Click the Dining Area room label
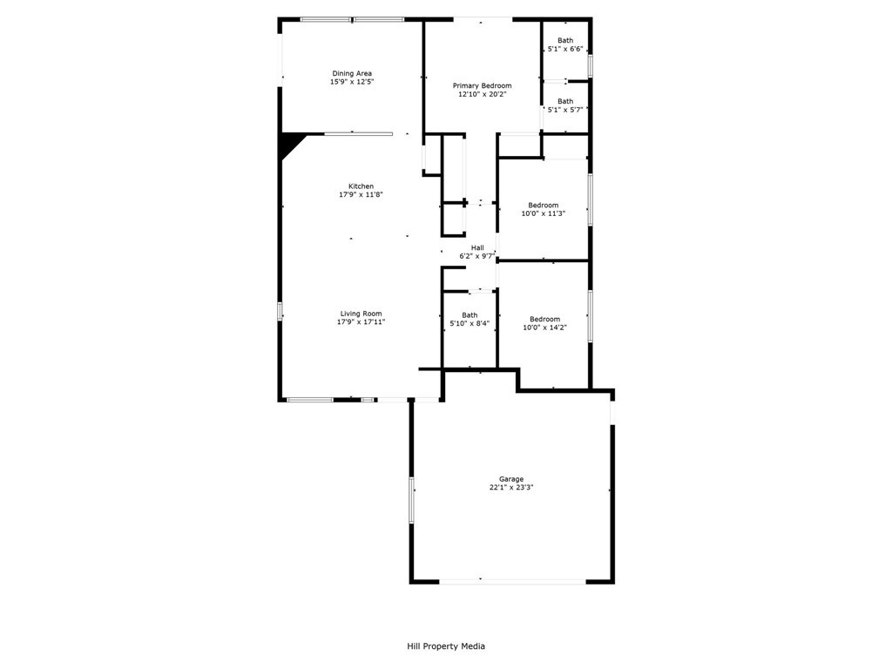pos(352,73)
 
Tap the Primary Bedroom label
pos(482,85)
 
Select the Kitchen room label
pos(361,186)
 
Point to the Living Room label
pos(361,314)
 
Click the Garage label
pos(511,479)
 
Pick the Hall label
pos(477,247)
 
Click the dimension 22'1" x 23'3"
pos(511,488)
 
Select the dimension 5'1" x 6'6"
pos(565,49)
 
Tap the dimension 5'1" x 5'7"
pos(565,110)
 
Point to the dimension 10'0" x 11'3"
pos(544,213)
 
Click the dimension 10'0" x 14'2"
pos(544,328)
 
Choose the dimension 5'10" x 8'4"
pos(470,323)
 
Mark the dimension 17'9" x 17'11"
pos(361,322)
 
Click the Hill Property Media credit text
pos(446,646)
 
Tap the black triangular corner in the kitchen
pos(290,141)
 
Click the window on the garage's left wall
pos(412,500)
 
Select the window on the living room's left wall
pos(280,311)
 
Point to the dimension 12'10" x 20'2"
pos(482,94)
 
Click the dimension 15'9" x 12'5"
pos(352,82)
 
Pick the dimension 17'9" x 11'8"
pos(361,195)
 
